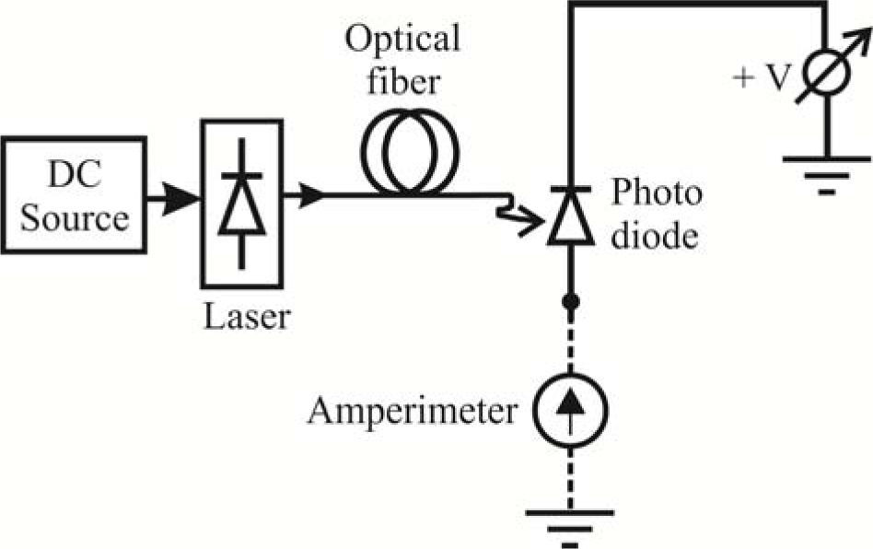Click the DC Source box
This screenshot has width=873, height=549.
point(74,194)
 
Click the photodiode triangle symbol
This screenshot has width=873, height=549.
point(571,222)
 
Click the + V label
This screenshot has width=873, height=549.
point(761,78)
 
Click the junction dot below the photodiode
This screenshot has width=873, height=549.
point(571,300)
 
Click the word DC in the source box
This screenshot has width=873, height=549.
point(74,178)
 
